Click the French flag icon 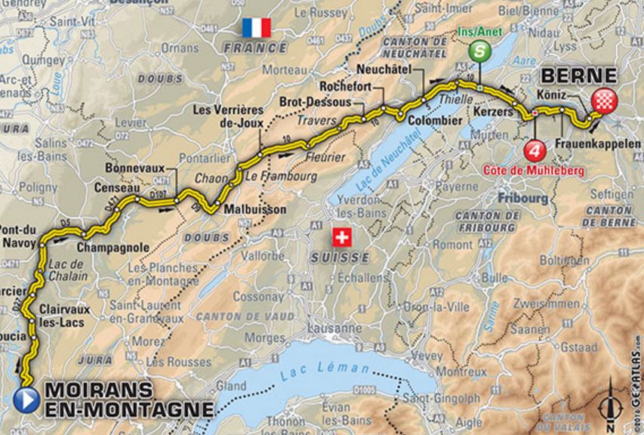tap(256, 29)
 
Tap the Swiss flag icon tap(342, 239)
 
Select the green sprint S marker tap(479, 51)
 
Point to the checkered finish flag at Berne tap(603, 100)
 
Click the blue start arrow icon tap(27, 398)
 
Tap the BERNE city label tap(578, 76)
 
